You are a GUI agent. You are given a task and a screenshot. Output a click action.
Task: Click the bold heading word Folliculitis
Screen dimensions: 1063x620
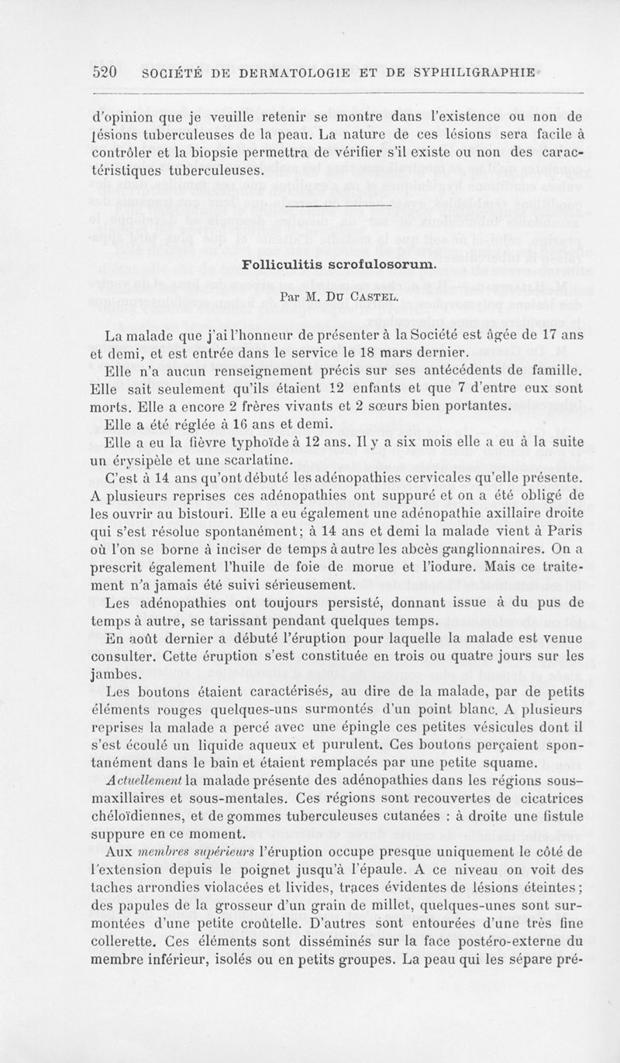click(x=284, y=264)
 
